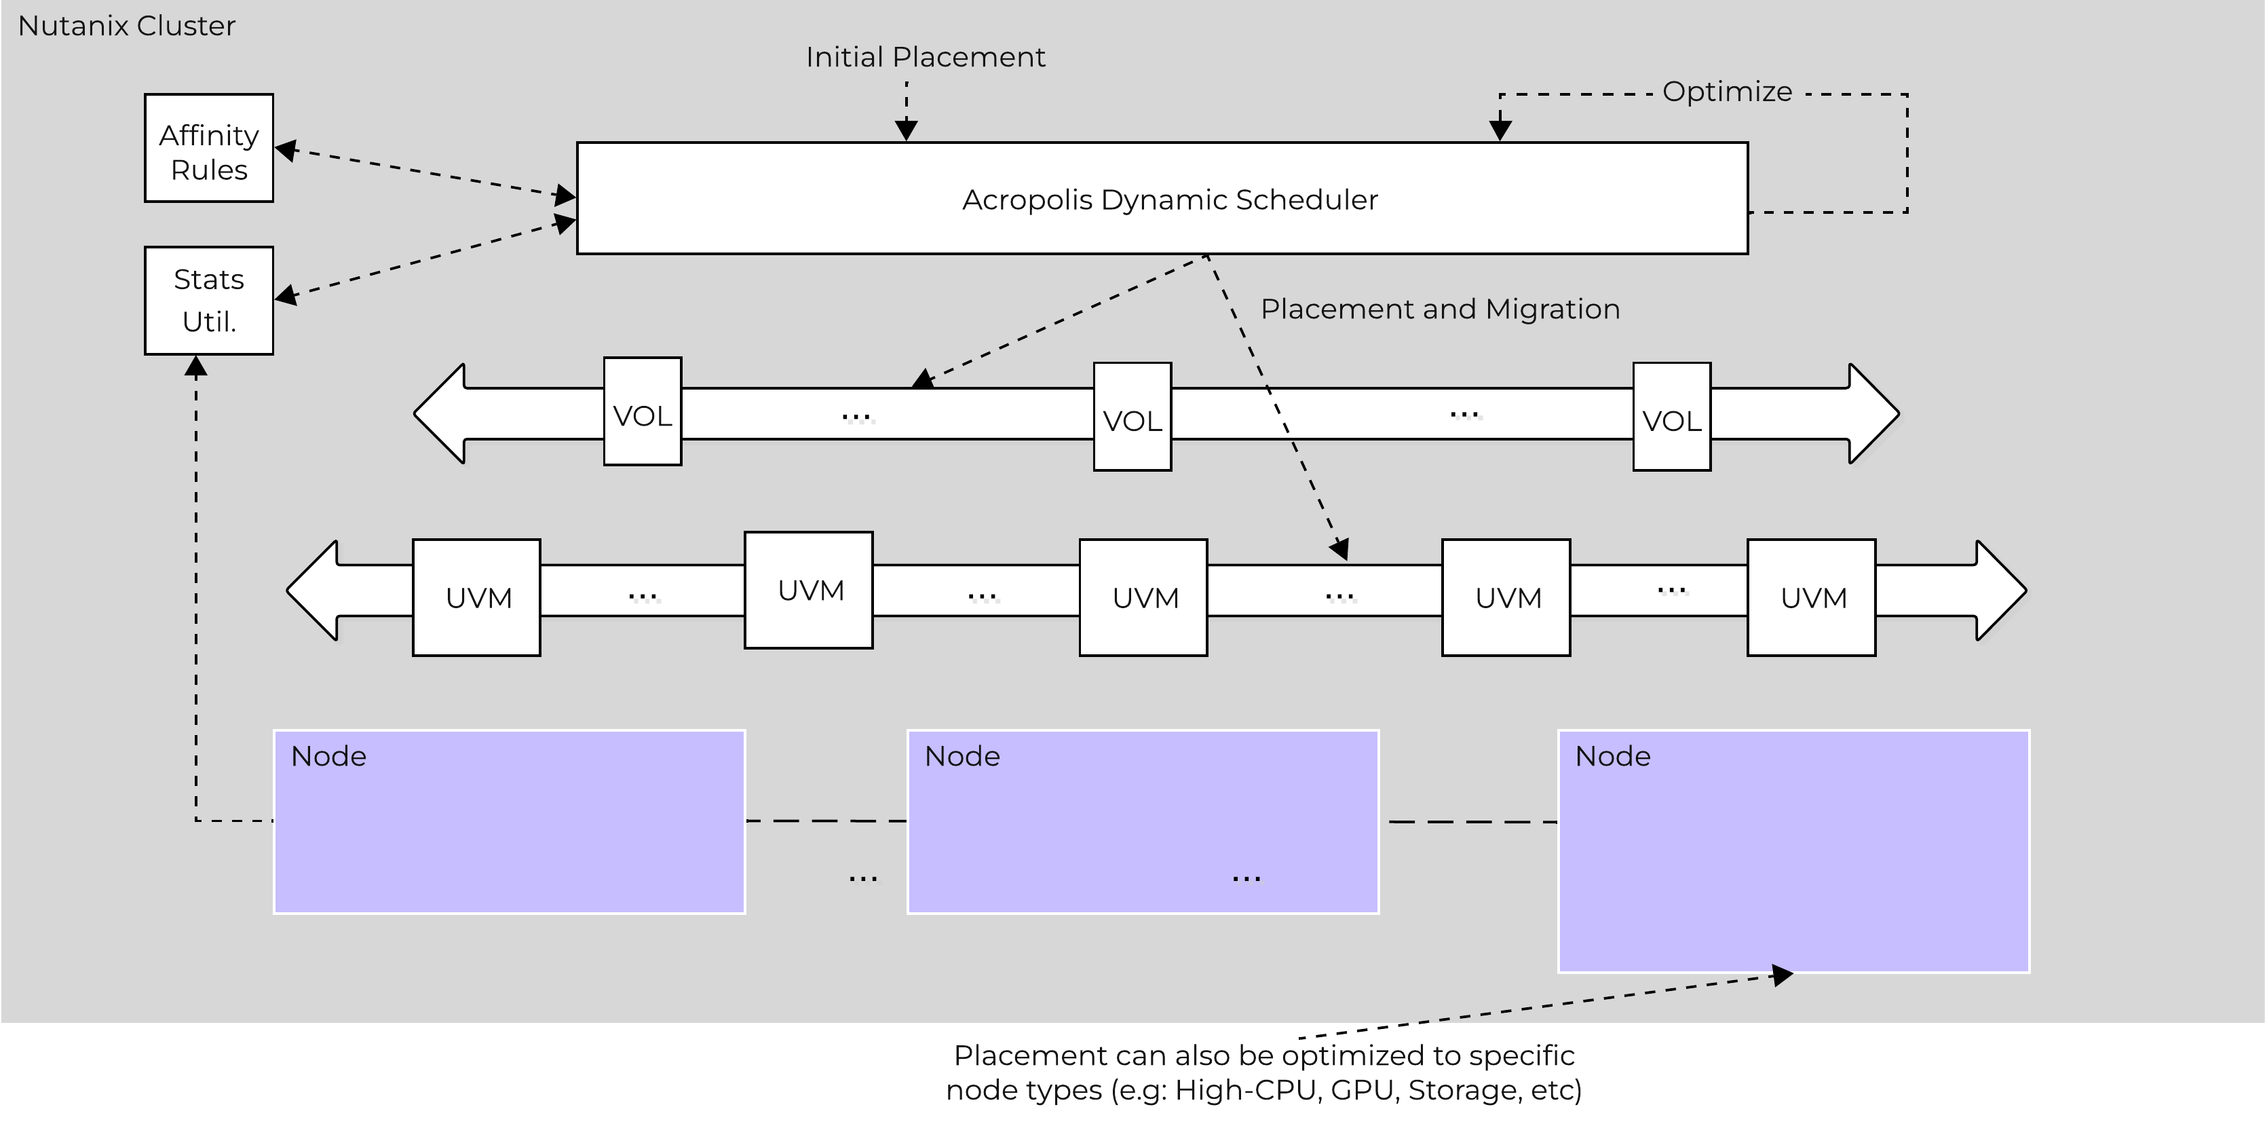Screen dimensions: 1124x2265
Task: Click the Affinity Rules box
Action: tap(208, 149)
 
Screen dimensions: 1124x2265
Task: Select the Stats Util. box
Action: tap(208, 301)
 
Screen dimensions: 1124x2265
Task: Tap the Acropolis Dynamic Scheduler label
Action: tap(1169, 200)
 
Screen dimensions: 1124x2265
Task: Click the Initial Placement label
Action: tap(925, 57)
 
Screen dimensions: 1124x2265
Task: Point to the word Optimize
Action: tap(1726, 92)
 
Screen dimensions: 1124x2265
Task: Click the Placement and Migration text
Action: tap(1439, 310)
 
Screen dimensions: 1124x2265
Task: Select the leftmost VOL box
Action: tap(642, 411)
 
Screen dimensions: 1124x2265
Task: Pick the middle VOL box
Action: tap(1132, 417)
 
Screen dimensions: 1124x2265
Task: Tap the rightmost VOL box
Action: tap(1671, 417)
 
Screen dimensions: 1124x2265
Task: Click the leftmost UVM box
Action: tap(476, 597)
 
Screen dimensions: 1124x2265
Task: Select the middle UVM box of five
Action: tap(1143, 597)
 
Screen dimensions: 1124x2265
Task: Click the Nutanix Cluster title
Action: tap(127, 26)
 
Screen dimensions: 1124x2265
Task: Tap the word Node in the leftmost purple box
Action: tap(328, 756)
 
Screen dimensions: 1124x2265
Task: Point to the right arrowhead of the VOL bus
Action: tap(1873, 413)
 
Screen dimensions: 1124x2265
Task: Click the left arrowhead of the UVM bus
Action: tap(313, 590)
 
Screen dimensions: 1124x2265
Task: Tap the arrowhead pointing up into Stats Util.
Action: tap(196, 366)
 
